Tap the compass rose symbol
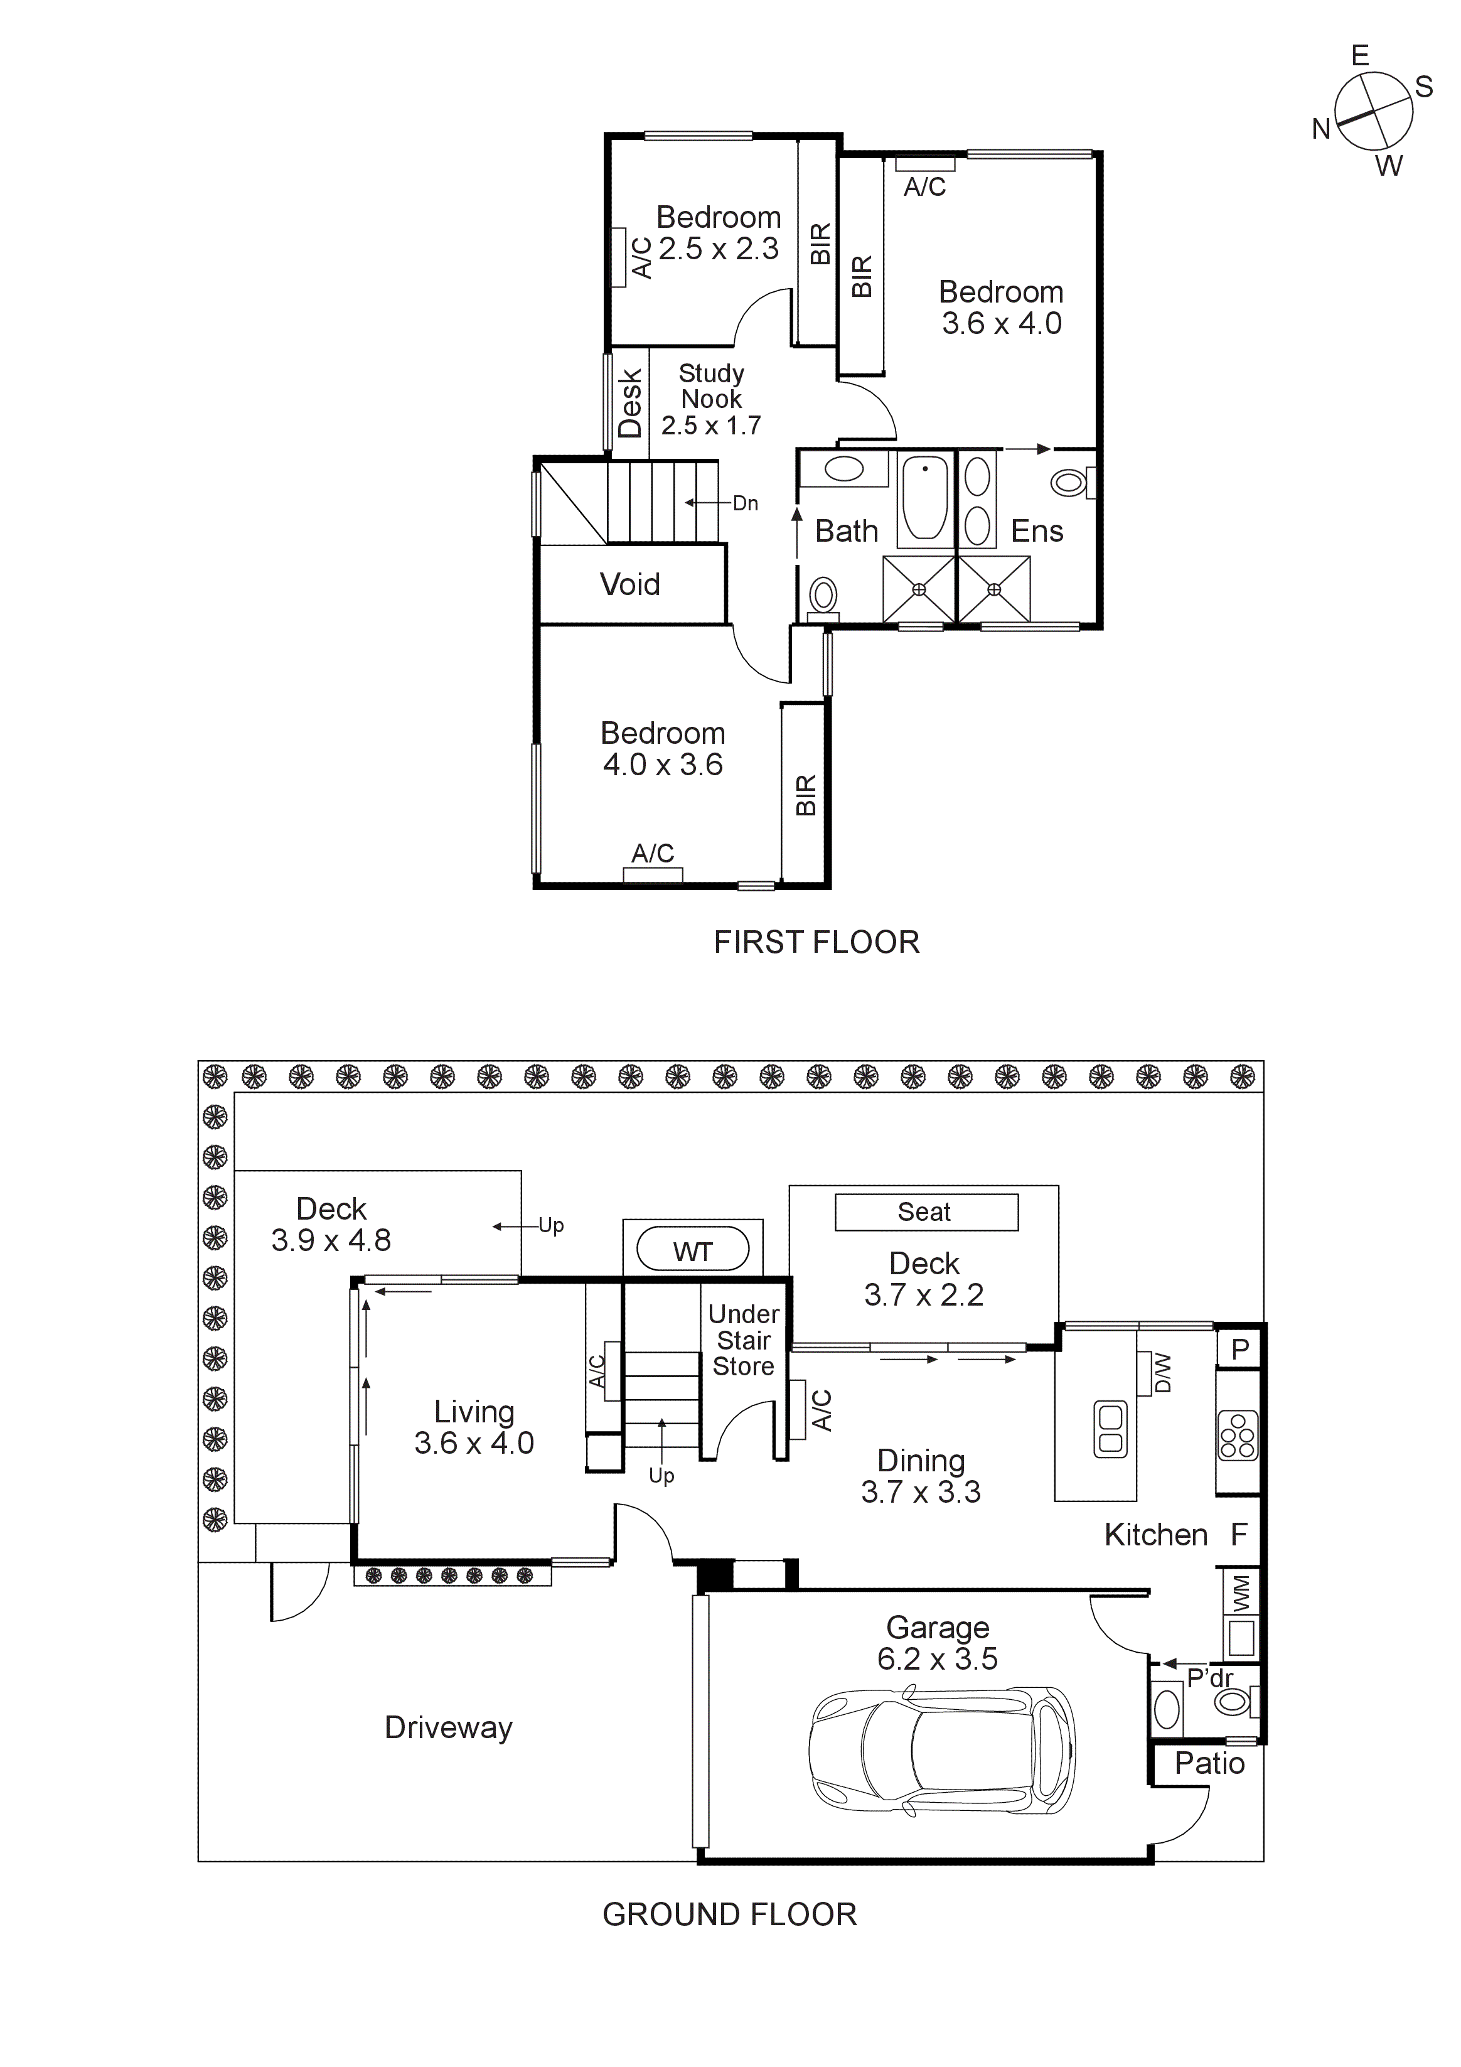1373,112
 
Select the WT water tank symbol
692,1250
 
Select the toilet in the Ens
1069,483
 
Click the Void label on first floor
630,584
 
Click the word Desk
630,402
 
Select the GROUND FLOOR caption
729,1914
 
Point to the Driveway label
448,1727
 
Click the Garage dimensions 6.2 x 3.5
937,1659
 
